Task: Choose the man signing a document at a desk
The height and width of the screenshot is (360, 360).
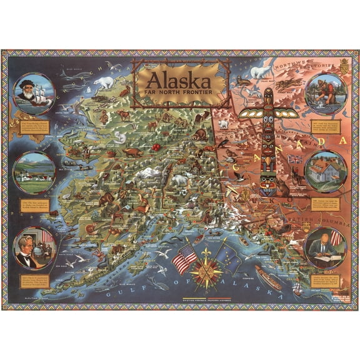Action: click(322, 246)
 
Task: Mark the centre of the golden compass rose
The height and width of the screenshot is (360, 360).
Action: click(204, 269)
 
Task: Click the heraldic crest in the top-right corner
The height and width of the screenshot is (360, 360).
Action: click(343, 65)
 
